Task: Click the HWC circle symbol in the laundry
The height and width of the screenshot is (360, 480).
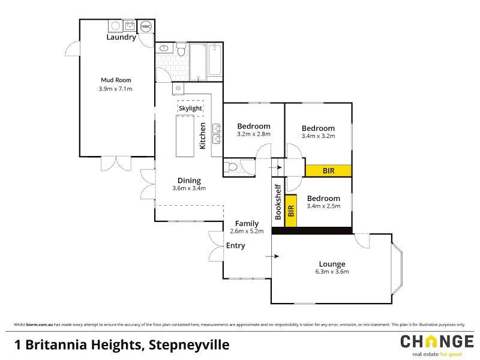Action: point(146,27)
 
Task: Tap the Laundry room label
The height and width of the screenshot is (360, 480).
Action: point(121,37)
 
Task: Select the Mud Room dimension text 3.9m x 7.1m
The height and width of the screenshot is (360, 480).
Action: point(115,89)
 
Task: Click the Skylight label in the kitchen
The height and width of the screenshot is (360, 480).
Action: point(190,108)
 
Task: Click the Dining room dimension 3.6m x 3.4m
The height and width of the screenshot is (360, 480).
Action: point(189,188)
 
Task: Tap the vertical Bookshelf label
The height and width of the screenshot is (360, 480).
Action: point(278,200)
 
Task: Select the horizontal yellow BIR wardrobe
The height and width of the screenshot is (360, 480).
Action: point(328,170)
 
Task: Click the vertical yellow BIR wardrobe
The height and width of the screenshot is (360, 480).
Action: point(291,211)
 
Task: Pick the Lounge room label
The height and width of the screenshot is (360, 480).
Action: point(332,264)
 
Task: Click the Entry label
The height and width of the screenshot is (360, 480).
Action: point(235,245)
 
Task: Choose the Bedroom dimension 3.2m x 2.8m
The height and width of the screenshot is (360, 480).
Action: point(253,134)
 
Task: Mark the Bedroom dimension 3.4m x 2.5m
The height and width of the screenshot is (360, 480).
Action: point(323,206)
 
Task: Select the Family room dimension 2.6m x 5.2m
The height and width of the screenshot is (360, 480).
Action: point(247,231)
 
